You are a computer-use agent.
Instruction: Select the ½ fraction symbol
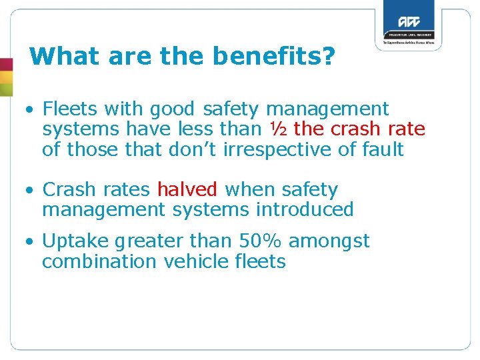(x=279, y=129)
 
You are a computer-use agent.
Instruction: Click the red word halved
(x=187, y=190)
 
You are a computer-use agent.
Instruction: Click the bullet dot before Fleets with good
(x=31, y=109)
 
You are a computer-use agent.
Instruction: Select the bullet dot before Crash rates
(x=31, y=190)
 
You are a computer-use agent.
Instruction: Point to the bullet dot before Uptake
(x=31, y=241)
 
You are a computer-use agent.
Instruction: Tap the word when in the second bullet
(x=241, y=190)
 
